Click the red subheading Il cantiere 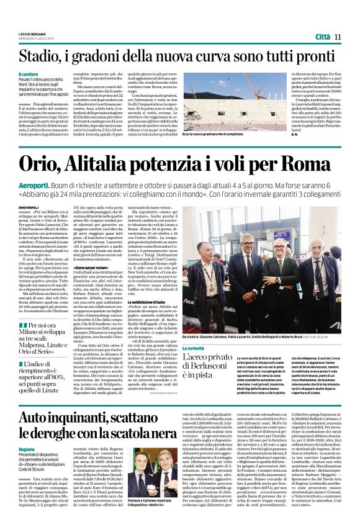pos(29,74)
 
